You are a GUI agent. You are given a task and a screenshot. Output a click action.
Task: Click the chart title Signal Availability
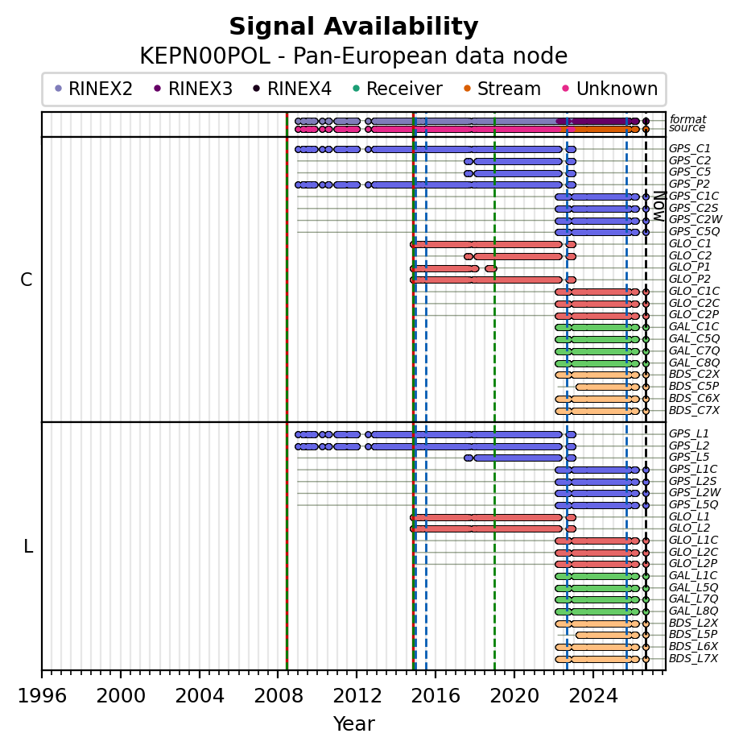click(353, 27)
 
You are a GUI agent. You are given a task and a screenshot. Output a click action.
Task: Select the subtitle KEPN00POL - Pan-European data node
click(353, 56)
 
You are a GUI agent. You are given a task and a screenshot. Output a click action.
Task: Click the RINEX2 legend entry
click(93, 89)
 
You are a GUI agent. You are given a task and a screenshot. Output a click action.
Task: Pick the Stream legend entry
click(502, 89)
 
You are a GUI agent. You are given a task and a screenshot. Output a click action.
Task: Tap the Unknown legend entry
click(610, 89)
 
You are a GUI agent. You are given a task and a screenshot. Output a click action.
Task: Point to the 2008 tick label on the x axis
click(279, 695)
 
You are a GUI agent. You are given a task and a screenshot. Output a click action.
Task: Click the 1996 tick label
click(42, 695)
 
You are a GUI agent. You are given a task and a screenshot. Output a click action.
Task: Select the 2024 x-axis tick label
click(593, 695)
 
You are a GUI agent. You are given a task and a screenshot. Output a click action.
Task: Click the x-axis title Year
click(353, 723)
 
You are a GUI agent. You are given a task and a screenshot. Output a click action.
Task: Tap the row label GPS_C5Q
click(694, 231)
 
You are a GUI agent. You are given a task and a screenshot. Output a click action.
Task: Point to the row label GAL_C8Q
click(694, 363)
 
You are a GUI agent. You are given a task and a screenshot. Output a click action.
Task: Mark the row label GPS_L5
click(689, 457)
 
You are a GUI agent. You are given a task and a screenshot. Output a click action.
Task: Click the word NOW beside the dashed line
click(659, 206)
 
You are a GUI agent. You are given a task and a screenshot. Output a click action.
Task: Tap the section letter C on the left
click(27, 280)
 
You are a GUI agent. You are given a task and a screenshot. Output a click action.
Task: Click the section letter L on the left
click(28, 546)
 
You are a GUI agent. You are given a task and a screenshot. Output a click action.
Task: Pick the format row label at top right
click(687, 119)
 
